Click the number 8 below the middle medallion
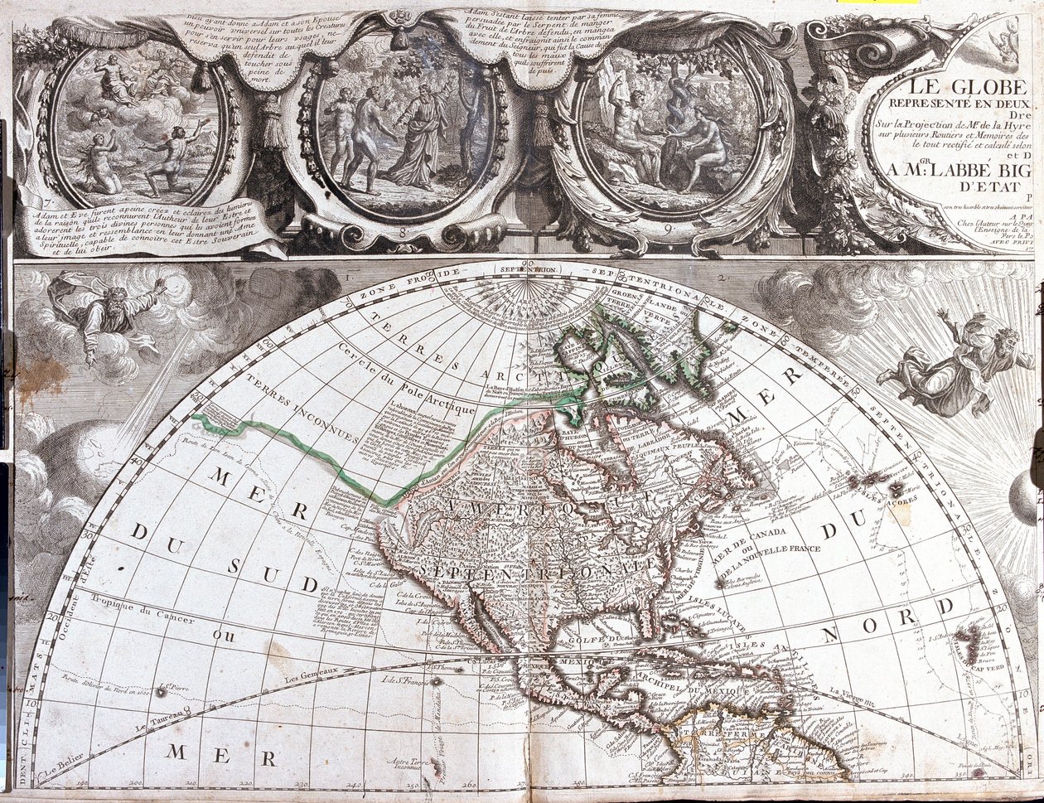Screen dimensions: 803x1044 (404, 233)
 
